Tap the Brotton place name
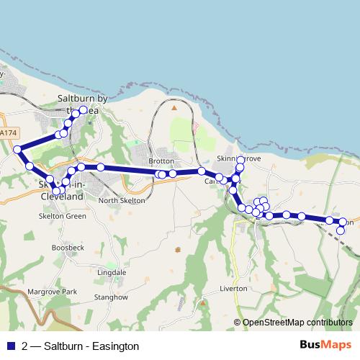click(161, 161)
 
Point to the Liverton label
click(233, 288)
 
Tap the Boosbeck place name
click(68, 247)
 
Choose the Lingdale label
click(112, 273)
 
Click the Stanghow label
click(111, 297)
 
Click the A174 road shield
click(9, 133)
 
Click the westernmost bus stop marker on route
click(17, 150)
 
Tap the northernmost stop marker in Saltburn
click(84, 109)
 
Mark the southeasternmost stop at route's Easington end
click(341, 230)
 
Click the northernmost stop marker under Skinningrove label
click(240, 167)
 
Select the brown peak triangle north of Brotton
click(174, 108)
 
